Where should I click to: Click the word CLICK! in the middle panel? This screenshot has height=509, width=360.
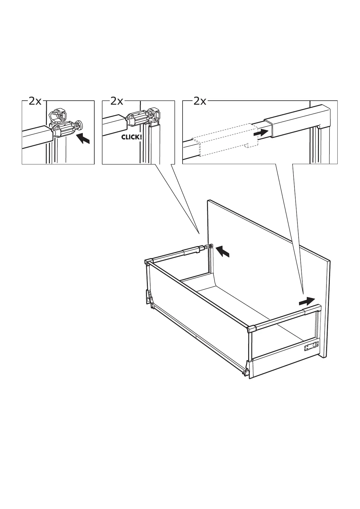click(x=131, y=137)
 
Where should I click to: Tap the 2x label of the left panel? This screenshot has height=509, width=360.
click(x=35, y=101)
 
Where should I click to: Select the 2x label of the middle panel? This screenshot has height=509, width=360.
click(x=117, y=101)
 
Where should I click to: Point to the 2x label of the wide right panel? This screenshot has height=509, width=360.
click(x=199, y=101)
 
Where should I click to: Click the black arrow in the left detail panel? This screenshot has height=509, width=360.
click(x=83, y=139)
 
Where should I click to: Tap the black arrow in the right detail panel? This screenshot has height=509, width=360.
click(x=261, y=132)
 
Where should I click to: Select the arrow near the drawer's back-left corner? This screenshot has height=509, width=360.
click(x=223, y=251)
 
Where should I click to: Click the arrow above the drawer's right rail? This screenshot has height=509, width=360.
click(x=307, y=301)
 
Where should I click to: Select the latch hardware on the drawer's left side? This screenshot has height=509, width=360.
click(x=149, y=296)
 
